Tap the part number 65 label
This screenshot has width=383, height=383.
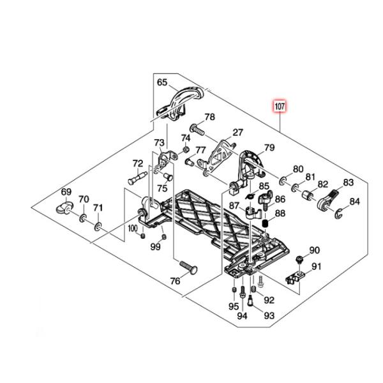coord(162,82)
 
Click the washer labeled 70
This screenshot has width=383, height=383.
coord(83,220)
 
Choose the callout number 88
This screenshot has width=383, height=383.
coord(280,214)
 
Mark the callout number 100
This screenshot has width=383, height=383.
coord(132,227)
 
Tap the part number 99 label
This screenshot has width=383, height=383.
coord(155,246)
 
